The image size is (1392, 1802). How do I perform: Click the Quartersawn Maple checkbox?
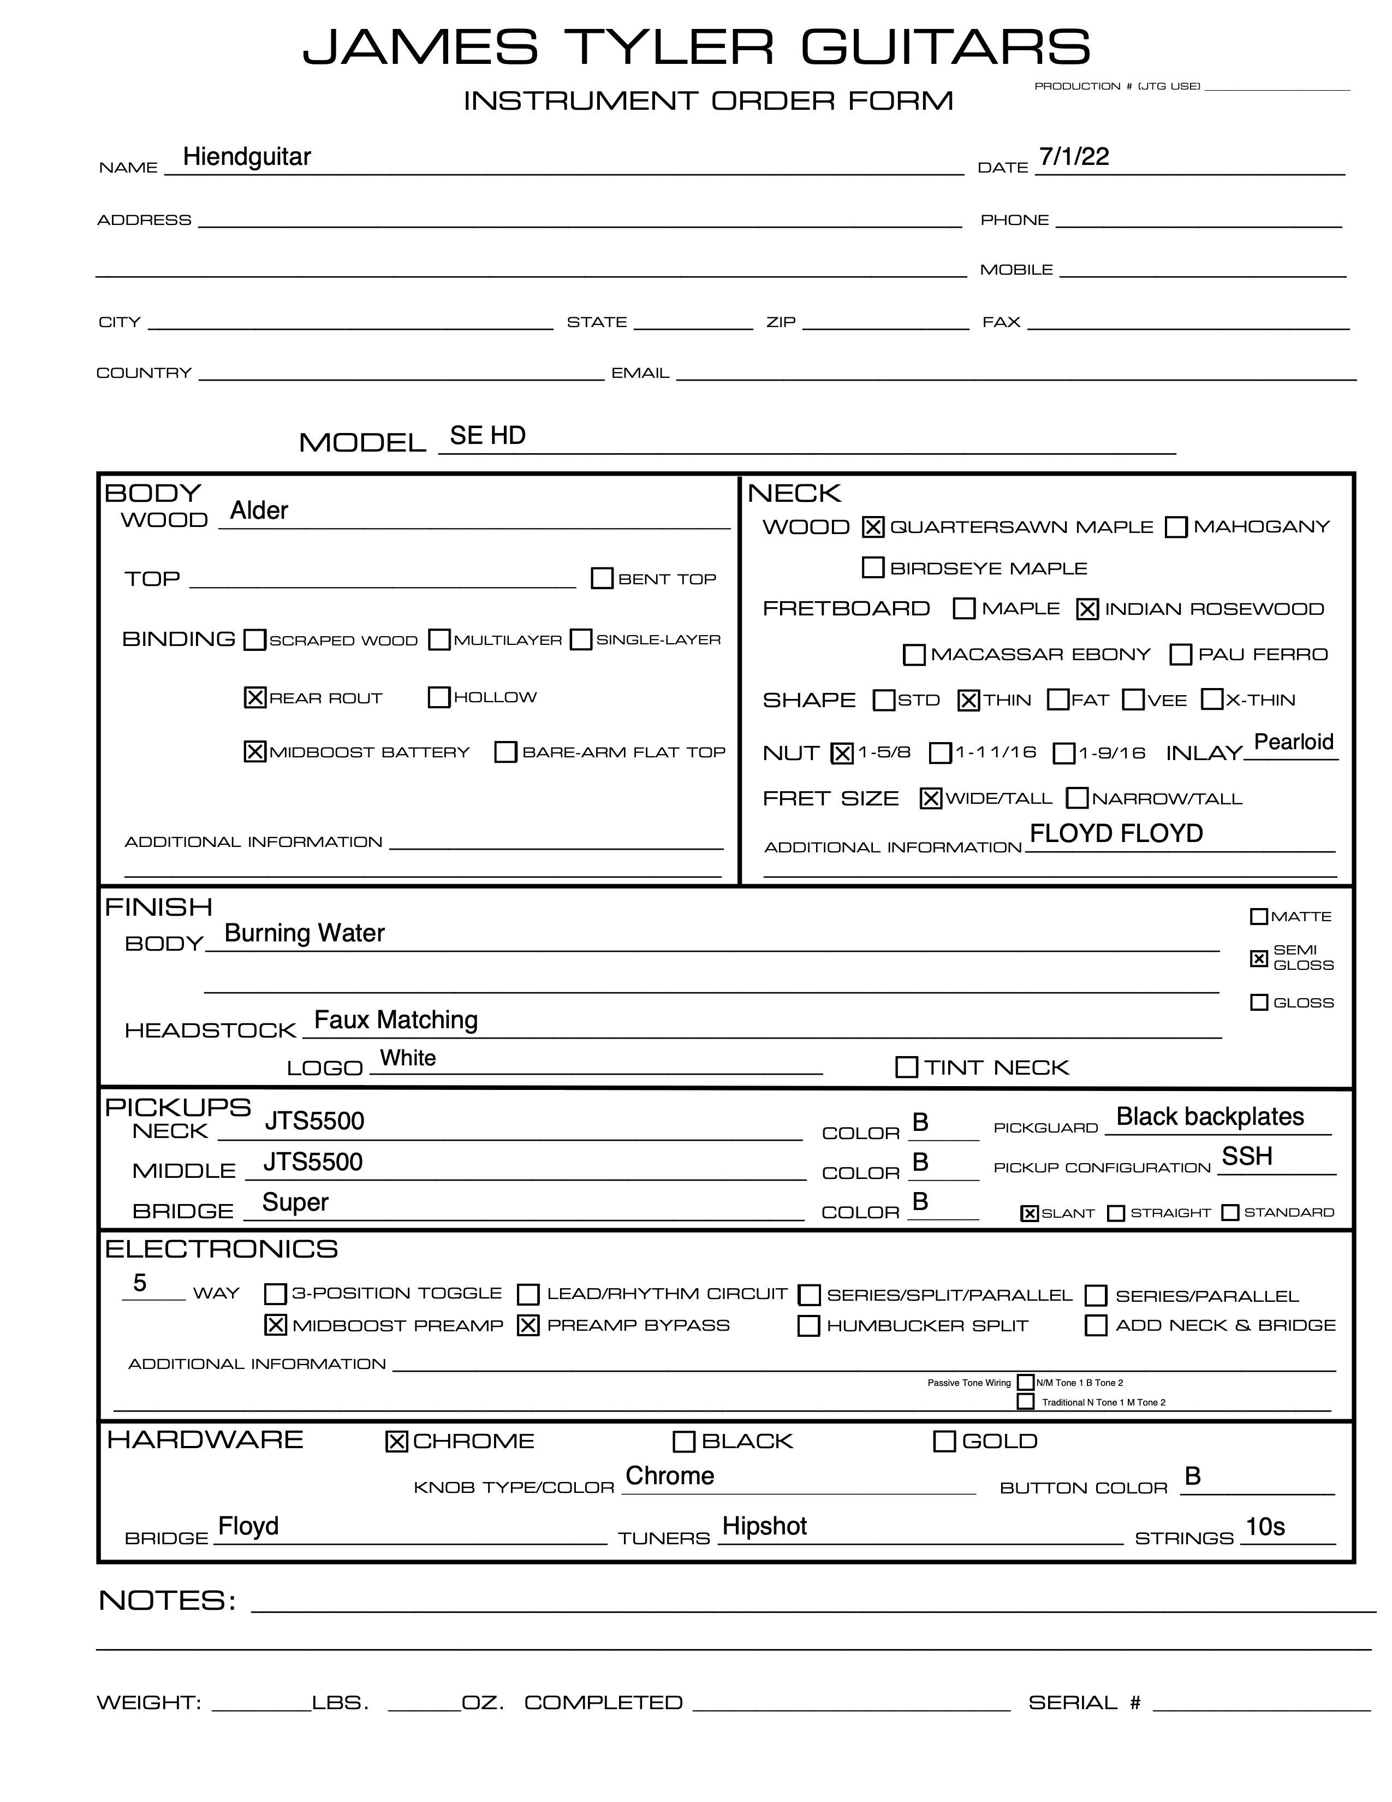click(x=872, y=527)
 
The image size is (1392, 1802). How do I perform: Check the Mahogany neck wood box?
click(x=1176, y=527)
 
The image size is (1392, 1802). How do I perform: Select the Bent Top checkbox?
click(x=603, y=578)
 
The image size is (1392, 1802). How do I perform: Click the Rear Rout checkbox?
click(x=255, y=697)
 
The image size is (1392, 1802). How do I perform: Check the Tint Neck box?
click(x=906, y=1067)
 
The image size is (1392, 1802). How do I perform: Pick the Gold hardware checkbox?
click(x=944, y=1442)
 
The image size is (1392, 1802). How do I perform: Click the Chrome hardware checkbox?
click(x=397, y=1442)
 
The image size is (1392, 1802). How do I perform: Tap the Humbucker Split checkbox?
click(x=809, y=1326)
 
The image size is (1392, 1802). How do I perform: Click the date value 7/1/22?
click(x=1074, y=156)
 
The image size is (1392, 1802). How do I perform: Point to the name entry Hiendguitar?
click(x=247, y=156)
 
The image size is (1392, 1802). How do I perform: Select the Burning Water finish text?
click(x=304, y=933)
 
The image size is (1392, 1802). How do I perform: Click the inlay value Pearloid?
click(x=1293, y=742)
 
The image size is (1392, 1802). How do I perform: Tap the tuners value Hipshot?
click(x=764, y=1526)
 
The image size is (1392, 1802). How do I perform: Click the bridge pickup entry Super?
click(x=295, y=1202)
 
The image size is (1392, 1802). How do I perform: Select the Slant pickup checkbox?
click(x=1029, y=1213)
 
